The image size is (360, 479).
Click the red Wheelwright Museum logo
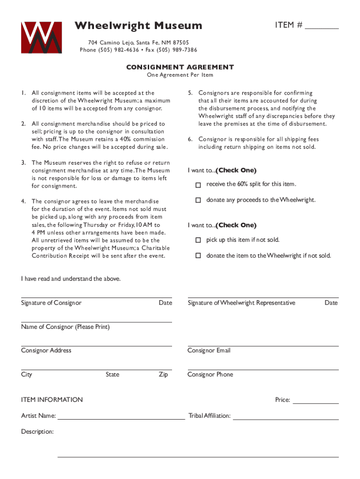coord(41,37)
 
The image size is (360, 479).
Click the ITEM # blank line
coord(322,28)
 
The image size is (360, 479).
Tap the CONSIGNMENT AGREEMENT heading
coord(180,67)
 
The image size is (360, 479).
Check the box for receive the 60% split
coord(198,185)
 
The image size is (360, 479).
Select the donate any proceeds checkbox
coord(198,200)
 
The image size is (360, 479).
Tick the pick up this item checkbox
coord(198,240)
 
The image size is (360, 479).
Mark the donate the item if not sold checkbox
coord(198,256)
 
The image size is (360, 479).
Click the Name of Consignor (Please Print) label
coord(65,327)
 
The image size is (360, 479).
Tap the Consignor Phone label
coord(210,374)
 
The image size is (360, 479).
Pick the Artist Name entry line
coord(121,418)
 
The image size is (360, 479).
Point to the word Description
coord(37,431)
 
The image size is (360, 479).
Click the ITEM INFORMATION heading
coord(52,399)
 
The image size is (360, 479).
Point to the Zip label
coord(163,374)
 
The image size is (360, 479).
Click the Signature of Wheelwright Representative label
coord(241,303)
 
